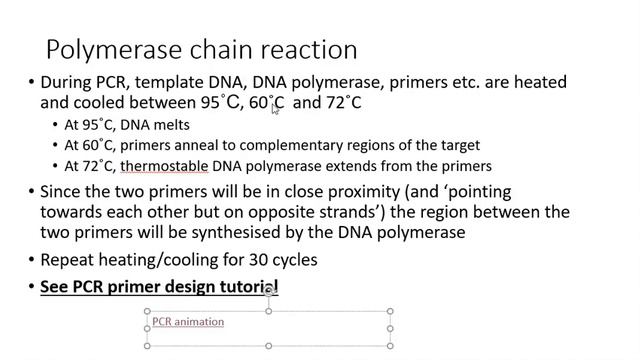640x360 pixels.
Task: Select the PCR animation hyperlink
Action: pyautogui.click(x=188, y=322)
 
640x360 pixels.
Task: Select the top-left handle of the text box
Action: pyautogui.click(x=147, y=312)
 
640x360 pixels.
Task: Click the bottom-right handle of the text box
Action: pyautogui.click(x=390, y=346)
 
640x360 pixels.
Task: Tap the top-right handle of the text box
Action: pyautogui.click(x=390, y=312)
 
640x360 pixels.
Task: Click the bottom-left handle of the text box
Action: pyautogui.click(x=147, y=346)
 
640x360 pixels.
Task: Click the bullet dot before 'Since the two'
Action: pyautogui.click(x=31, y=193)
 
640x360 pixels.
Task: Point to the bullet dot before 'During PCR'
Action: pyautogui.click(x=31, y=83)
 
